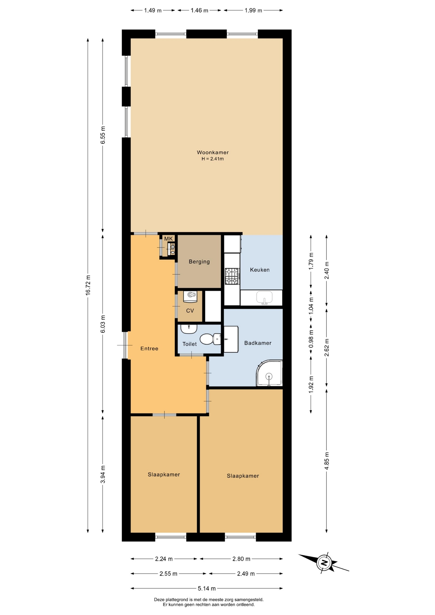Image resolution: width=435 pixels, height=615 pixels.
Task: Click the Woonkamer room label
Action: pyautogui.click(x=213, y=152)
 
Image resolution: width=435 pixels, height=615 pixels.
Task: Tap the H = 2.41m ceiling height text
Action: pyautogui.click(x=213, y=159)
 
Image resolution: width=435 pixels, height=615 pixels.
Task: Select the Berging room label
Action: pyautogui.click(x=199, y=262)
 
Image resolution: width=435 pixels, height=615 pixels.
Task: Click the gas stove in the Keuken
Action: pyautogui.click(x=232, y=276)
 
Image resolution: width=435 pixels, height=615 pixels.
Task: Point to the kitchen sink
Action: pyautogui.click(x=264, y=298)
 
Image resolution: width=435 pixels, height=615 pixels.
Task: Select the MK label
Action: pyautogui.click(x=168, y=239)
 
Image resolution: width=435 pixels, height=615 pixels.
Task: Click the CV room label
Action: pyautogui.click(x=190, y=311)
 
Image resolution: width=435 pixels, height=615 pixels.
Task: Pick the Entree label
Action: pyautogui.click(x=149, y=348)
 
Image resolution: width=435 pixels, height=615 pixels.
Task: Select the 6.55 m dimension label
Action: pyautogui.click(x=103, y=135)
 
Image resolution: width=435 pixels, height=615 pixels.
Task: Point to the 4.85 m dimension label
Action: pyautogui.click(x=327, y=461)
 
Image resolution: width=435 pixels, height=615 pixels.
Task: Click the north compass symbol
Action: pyautogui.click(x=324, y=562)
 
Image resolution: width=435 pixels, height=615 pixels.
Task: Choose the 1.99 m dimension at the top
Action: pyautogui.click(x=253, y=10)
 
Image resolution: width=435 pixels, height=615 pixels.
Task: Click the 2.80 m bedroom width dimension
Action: pyautogui.click(x=241, y=559)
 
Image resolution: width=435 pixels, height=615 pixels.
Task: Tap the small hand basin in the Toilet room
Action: pyautogui.click(x=189, y=329)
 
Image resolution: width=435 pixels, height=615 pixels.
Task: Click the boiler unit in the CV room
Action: pyautogui.click(x=190, y=296)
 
